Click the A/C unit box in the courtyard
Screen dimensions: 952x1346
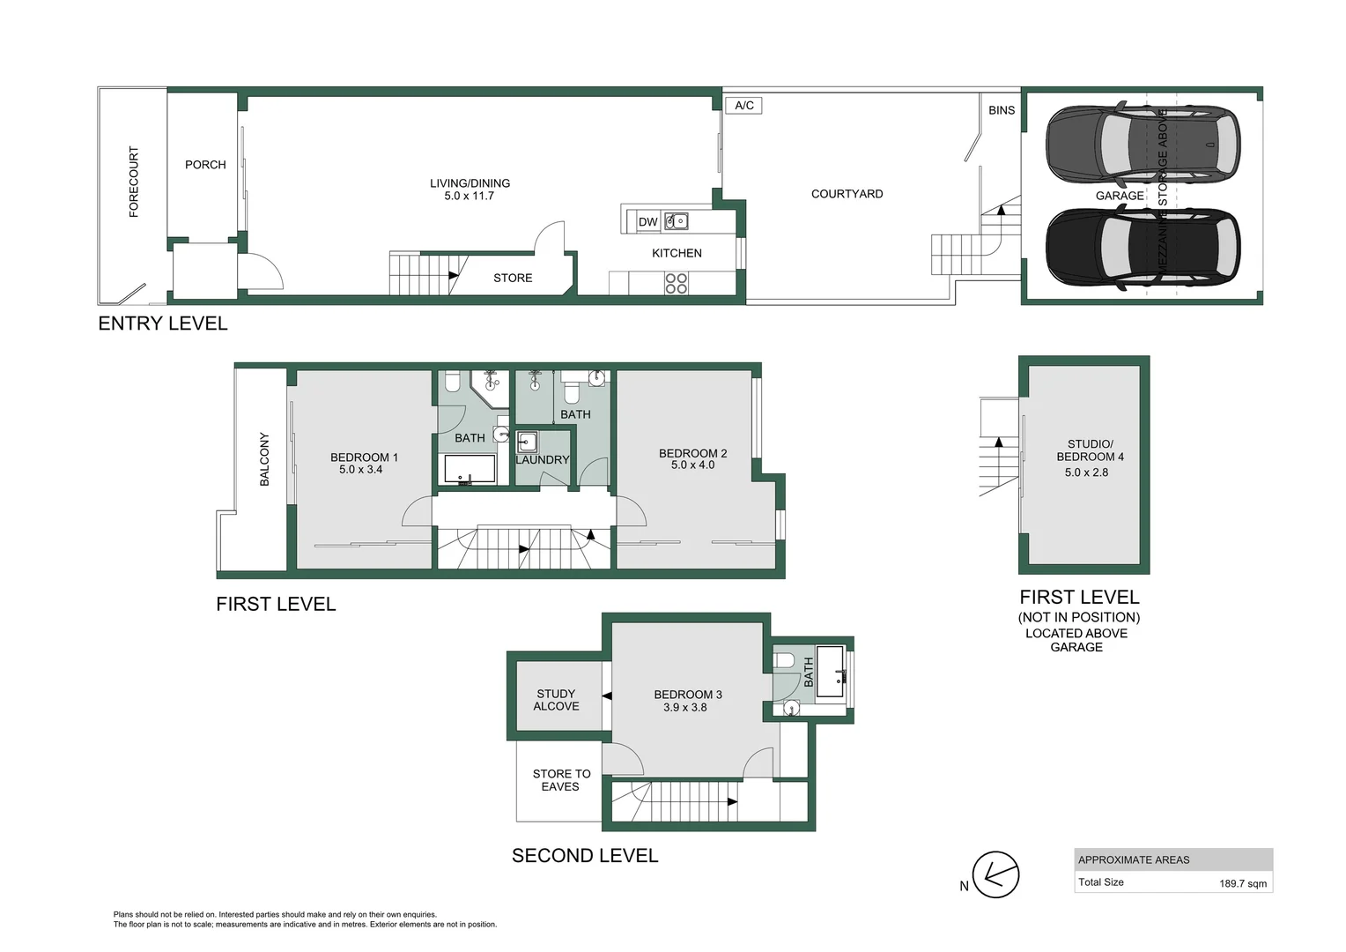(x=744, y=106)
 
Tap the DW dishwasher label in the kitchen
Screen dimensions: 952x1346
(x=647, y=222)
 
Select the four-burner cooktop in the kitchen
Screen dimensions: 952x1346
(x=676, y=283)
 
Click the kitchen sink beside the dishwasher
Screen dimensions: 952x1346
(x=676, y=221)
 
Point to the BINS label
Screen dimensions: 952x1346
(x=1002, y=110)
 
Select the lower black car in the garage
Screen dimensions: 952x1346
(x=1142, y=248)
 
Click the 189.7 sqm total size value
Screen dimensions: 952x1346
(x=1243, y=883)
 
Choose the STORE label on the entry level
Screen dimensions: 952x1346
(x=513, y=278)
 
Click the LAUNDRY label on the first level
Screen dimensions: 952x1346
(x=543, y=460)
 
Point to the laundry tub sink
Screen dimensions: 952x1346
(x=527, y=442)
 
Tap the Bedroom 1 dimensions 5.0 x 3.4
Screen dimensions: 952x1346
(x=361, y=470)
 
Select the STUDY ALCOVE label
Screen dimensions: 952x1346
(x=556, y=700)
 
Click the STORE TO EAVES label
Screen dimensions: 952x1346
(x=561, y=780)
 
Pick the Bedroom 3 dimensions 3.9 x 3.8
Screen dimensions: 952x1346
(x=685, y=707)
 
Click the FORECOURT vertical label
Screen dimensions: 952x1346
(x=134, y=182)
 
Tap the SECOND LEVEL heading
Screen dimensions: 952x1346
(x=585, y=856)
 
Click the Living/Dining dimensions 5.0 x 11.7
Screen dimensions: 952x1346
(x=470, y=196)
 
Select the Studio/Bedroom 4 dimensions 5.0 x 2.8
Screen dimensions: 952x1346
(x=1086, y=472)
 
